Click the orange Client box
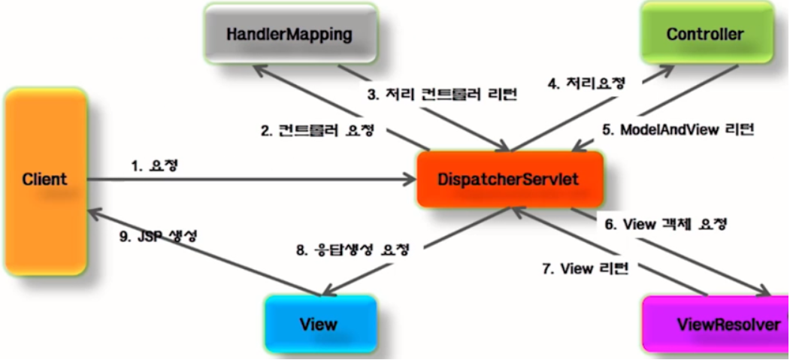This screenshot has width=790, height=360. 44,180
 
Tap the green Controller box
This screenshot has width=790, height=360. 704,34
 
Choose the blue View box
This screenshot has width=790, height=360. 319,324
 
